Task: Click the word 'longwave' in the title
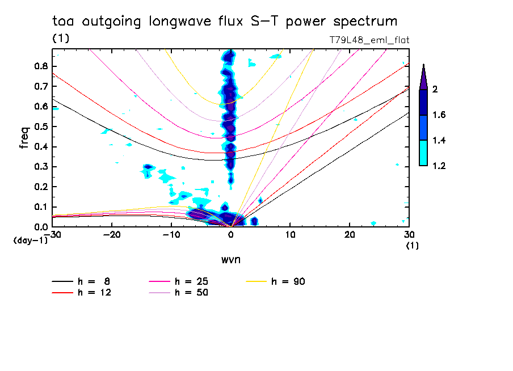[x=180, y=22]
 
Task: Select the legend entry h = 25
[x=191, y=281]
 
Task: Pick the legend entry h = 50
[x=191, y=293]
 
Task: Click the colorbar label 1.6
[x=440, y=115]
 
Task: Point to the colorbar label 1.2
[x=440, y=166]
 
